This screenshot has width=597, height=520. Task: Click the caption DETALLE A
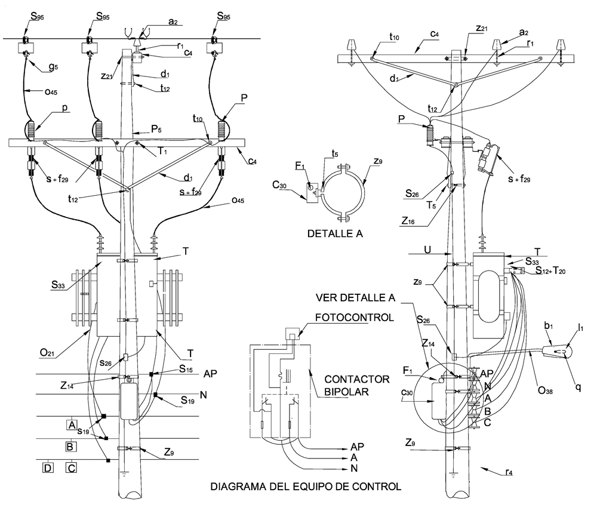pyautogui.click(x=335, y=233)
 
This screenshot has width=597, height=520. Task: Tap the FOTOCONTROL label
pyautogui.click(x=355, y=318)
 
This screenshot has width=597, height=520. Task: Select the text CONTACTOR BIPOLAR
pyautogui.click(x=352, y=385)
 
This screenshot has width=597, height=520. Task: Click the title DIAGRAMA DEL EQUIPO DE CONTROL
pyautogui.click(x=306, y=486)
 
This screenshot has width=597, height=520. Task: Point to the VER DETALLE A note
pyautogui.click(x=356, y=298)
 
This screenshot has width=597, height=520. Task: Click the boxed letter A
pyautogui.click(x=72, y=424)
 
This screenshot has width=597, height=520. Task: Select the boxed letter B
pyautogui.click(x=70, y=446)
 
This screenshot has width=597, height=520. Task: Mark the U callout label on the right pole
pyautogui.click(x=427, y=250)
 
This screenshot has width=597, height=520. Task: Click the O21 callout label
pyautogui.click(x=47, y=353)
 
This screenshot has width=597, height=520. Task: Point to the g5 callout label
pyautogui.click(x=53, y=67)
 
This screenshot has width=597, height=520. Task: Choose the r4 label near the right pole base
pyautogui.click(x=509, y=472)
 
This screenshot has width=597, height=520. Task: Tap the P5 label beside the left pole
pyautogui.click(x=156, y=129)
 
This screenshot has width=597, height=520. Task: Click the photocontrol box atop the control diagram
pyautogui.click(x=293, y=334)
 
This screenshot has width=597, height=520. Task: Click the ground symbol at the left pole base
pyautogui.click(x=125, y=473)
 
